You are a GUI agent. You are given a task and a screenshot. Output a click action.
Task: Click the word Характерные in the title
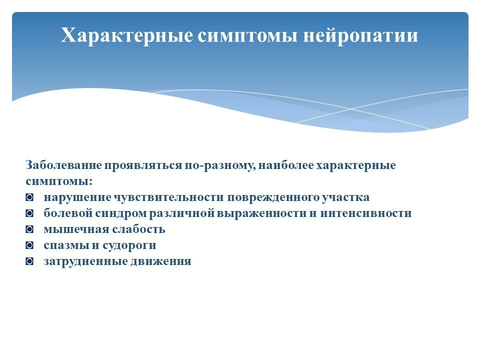(x=126, y=35)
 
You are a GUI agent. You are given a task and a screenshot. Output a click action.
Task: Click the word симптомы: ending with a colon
(x=59, y=181)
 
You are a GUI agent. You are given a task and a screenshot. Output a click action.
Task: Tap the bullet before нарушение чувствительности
(x=29, y=197)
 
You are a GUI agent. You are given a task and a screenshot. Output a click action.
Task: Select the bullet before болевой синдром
(x=29, y=213)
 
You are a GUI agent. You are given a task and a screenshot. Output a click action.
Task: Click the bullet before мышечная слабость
(x=29, y=229)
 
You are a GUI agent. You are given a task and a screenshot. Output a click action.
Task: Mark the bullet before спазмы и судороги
(x=29, y=245)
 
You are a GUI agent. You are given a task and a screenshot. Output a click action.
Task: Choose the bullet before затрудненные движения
(x=29, y=261)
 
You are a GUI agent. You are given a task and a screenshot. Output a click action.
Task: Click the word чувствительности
(x=169, y=197)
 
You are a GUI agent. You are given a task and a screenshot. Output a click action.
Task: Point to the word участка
(x=345, y=197)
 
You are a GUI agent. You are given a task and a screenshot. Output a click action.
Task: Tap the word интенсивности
(x=366, y=213)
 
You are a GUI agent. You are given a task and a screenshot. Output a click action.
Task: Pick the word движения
(x=161, y=261)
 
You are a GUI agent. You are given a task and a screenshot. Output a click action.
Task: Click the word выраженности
(x=261, y=213)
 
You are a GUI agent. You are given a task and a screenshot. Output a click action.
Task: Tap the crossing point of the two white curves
(x=351, y=109)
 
